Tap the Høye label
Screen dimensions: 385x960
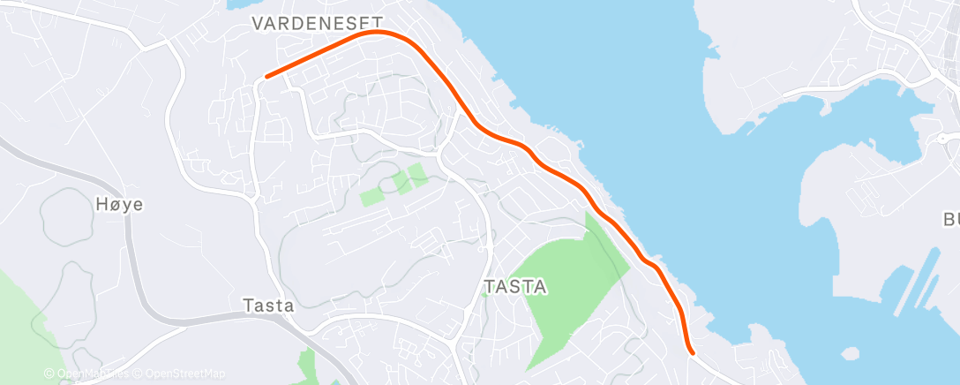click(x=118, y=205)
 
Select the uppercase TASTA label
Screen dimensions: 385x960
click(x=516, y=287)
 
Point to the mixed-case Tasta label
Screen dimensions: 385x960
click(x=268, y=305)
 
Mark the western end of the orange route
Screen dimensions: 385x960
click(x=266, y=77)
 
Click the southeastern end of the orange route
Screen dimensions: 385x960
click(x=693, y=352)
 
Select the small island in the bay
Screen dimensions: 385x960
click(x=851, y=354)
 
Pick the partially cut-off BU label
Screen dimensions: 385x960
click(x=950, y=219)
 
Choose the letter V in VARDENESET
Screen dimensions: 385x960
click(x=258, y=24)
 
